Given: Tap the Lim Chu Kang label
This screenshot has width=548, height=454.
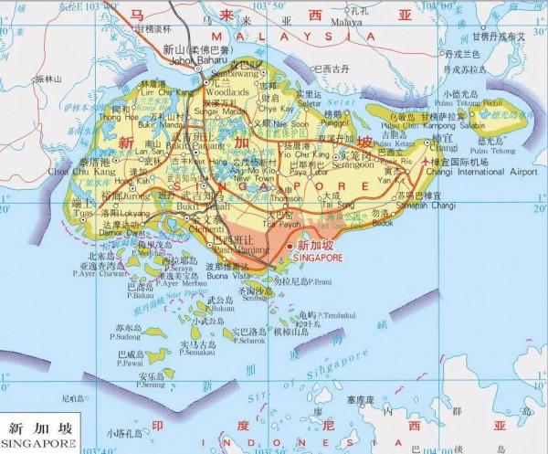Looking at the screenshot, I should point(157,92).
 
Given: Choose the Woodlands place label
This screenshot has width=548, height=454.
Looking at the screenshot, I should point(228,92).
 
